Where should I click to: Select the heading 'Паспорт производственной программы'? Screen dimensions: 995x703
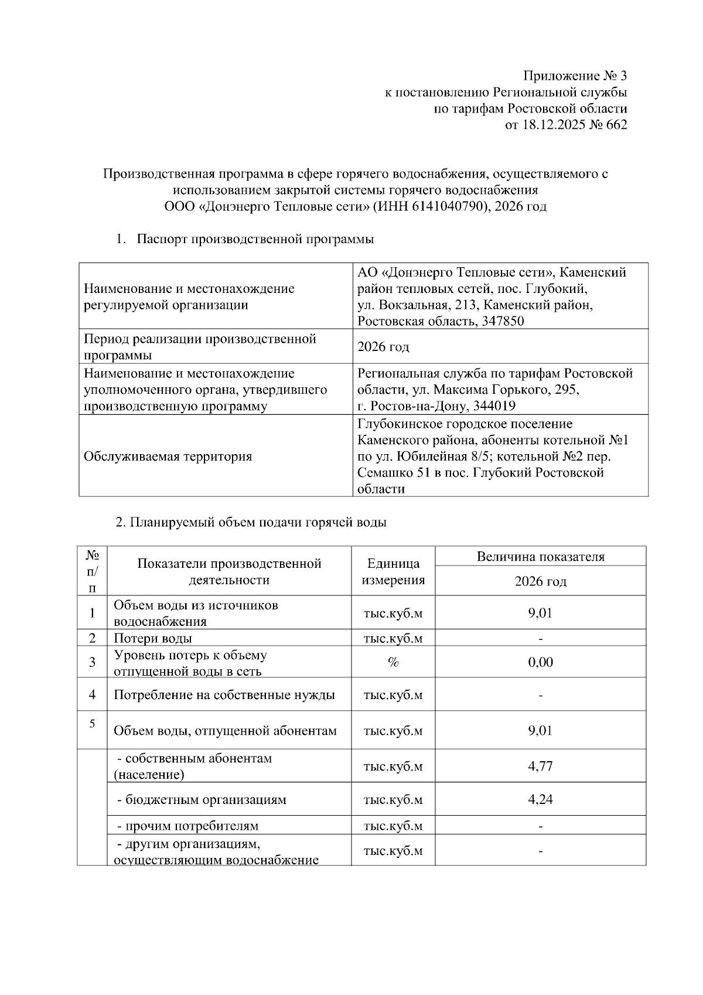point(255,239)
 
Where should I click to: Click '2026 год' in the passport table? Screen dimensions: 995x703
point(384,347)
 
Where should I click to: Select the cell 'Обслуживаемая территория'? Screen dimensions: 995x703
point(168,456)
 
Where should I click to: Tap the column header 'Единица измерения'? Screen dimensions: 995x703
point(393,571)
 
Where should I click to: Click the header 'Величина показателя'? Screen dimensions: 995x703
point(540,557)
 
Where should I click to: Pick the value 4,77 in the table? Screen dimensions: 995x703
point(540,766)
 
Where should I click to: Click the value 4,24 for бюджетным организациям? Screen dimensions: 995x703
point(540,799)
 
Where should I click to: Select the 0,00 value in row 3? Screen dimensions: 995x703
point(540,662)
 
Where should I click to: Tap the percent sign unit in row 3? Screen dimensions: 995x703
point(393,662)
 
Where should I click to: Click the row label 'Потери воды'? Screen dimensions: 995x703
point(153,638)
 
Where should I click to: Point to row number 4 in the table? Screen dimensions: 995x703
point(92,695)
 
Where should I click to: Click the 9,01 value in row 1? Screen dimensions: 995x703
point(540,614)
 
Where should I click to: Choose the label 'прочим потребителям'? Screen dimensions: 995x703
point(187,826)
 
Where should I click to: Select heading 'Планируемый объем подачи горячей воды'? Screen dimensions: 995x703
point(251,523)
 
